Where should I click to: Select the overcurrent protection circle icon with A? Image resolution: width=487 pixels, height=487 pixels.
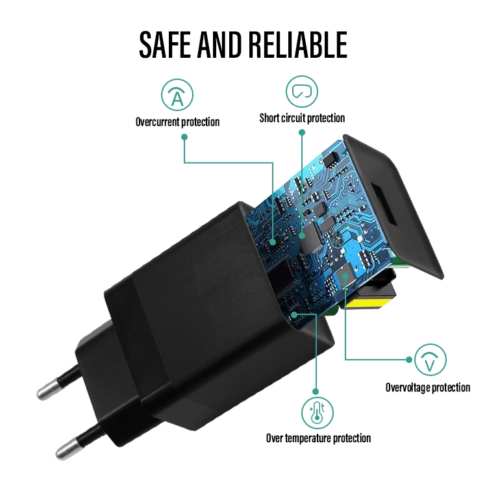point(177,95)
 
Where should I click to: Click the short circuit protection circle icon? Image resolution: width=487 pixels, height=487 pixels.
point(302,91)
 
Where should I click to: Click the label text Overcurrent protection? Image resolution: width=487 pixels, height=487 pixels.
point(177,121)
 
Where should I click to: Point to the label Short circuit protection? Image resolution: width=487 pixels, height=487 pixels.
point(302,118)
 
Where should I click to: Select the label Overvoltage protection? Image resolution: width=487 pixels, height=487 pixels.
point(427,388)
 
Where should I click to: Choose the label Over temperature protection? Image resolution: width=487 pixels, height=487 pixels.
point(318,438)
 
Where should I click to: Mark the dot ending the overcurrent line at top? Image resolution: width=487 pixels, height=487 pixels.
point(184,137)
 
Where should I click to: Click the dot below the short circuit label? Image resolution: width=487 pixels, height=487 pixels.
point(302,132)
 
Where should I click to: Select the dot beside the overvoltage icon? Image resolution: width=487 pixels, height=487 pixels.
point(408,359)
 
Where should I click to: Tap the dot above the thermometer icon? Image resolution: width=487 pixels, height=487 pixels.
point(316,392)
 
